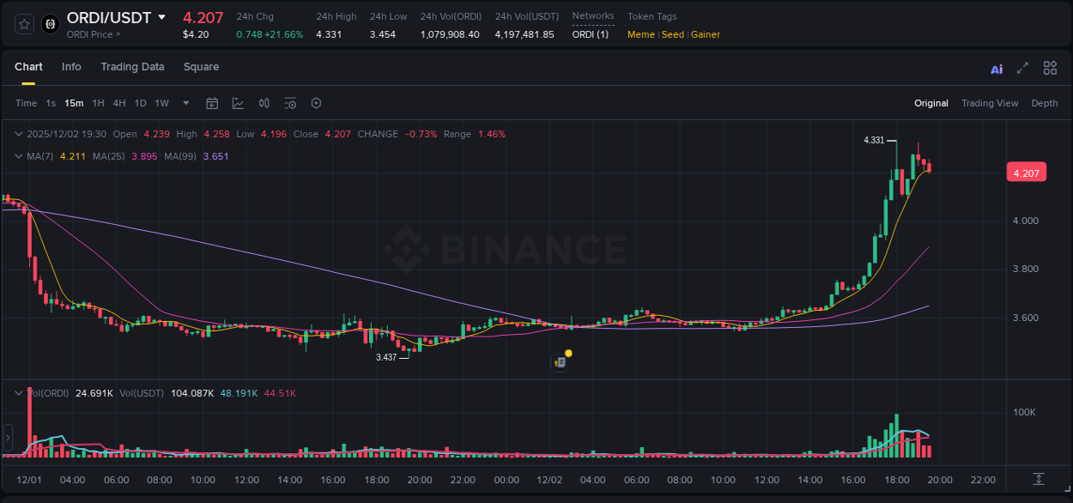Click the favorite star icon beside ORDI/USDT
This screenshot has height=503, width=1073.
tap(24, 24)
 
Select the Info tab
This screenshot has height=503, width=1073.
tap(71, 67)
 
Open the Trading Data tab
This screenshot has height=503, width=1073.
tap(132, 67)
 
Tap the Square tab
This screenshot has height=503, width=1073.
tap(201, 67)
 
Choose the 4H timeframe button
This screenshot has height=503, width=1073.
tap(118, 103)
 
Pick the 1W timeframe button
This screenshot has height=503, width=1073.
tap(161, 103)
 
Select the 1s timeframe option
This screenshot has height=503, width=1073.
tap(51, 103)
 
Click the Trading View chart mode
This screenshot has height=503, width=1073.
tap(990, 103)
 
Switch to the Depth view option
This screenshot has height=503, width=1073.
tap(1045, 103)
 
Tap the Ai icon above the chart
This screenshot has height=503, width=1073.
tap(997, 69)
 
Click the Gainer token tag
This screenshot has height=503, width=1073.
tap(706, 34)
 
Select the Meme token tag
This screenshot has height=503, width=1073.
tap(641, 34)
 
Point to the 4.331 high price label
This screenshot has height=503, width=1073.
tap(873, 140)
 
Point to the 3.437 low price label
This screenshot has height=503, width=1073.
tap(386, 357)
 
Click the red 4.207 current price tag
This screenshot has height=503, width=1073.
tap(1027, 173)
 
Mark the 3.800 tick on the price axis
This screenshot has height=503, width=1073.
tap(1025, 269)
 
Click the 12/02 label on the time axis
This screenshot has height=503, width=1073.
tap(549, 480)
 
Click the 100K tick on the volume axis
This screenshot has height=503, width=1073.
tap(1025, 412)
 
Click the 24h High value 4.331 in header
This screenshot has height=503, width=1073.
tap(330, 34)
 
